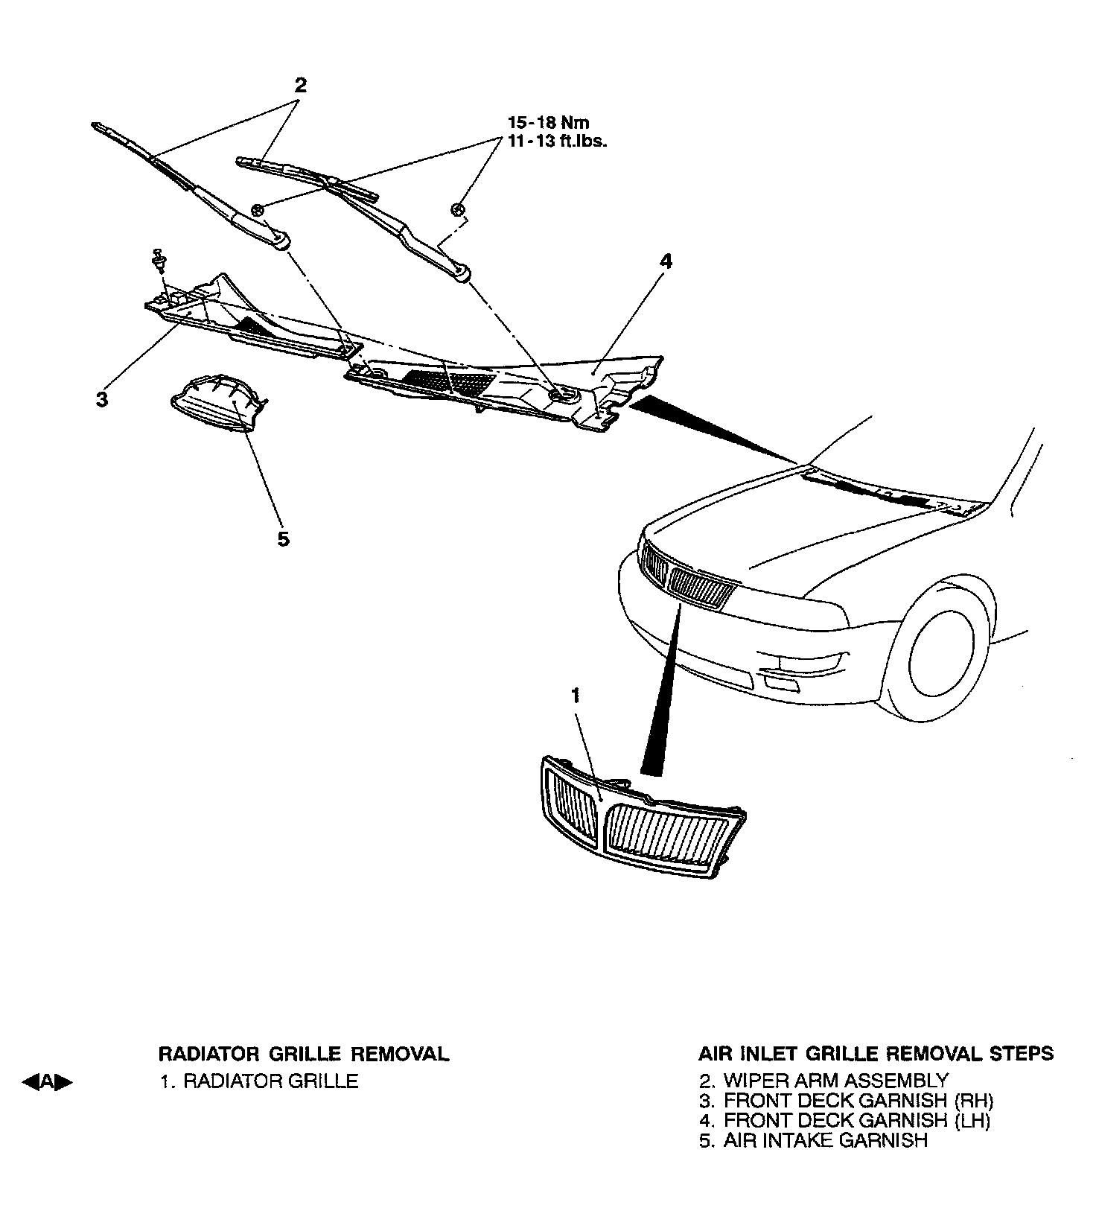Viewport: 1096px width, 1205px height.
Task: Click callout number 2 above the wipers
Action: click(300, 85)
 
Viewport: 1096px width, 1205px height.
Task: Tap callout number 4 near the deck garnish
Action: click(666, 261)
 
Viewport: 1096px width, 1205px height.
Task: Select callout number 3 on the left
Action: click(102, 399)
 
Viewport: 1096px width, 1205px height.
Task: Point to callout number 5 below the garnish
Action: click(283, 538)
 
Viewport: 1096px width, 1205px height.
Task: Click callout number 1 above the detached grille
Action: click(575, 696)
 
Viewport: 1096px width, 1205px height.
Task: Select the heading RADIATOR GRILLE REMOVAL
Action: click(304, 1054)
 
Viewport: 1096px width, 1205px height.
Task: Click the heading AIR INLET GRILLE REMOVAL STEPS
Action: click(876, 1054)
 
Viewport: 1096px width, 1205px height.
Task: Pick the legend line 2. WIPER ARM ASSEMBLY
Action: click(823, 1080)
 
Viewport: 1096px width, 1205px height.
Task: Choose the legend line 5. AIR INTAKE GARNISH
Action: click(813, 1140)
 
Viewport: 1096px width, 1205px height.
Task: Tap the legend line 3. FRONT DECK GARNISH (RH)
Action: click(847, 1100)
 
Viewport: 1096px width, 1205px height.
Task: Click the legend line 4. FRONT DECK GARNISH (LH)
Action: click(845, 1120)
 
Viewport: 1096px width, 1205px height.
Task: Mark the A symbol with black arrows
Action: click(48, 1082)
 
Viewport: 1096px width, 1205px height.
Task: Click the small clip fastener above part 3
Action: click(158, 259)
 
